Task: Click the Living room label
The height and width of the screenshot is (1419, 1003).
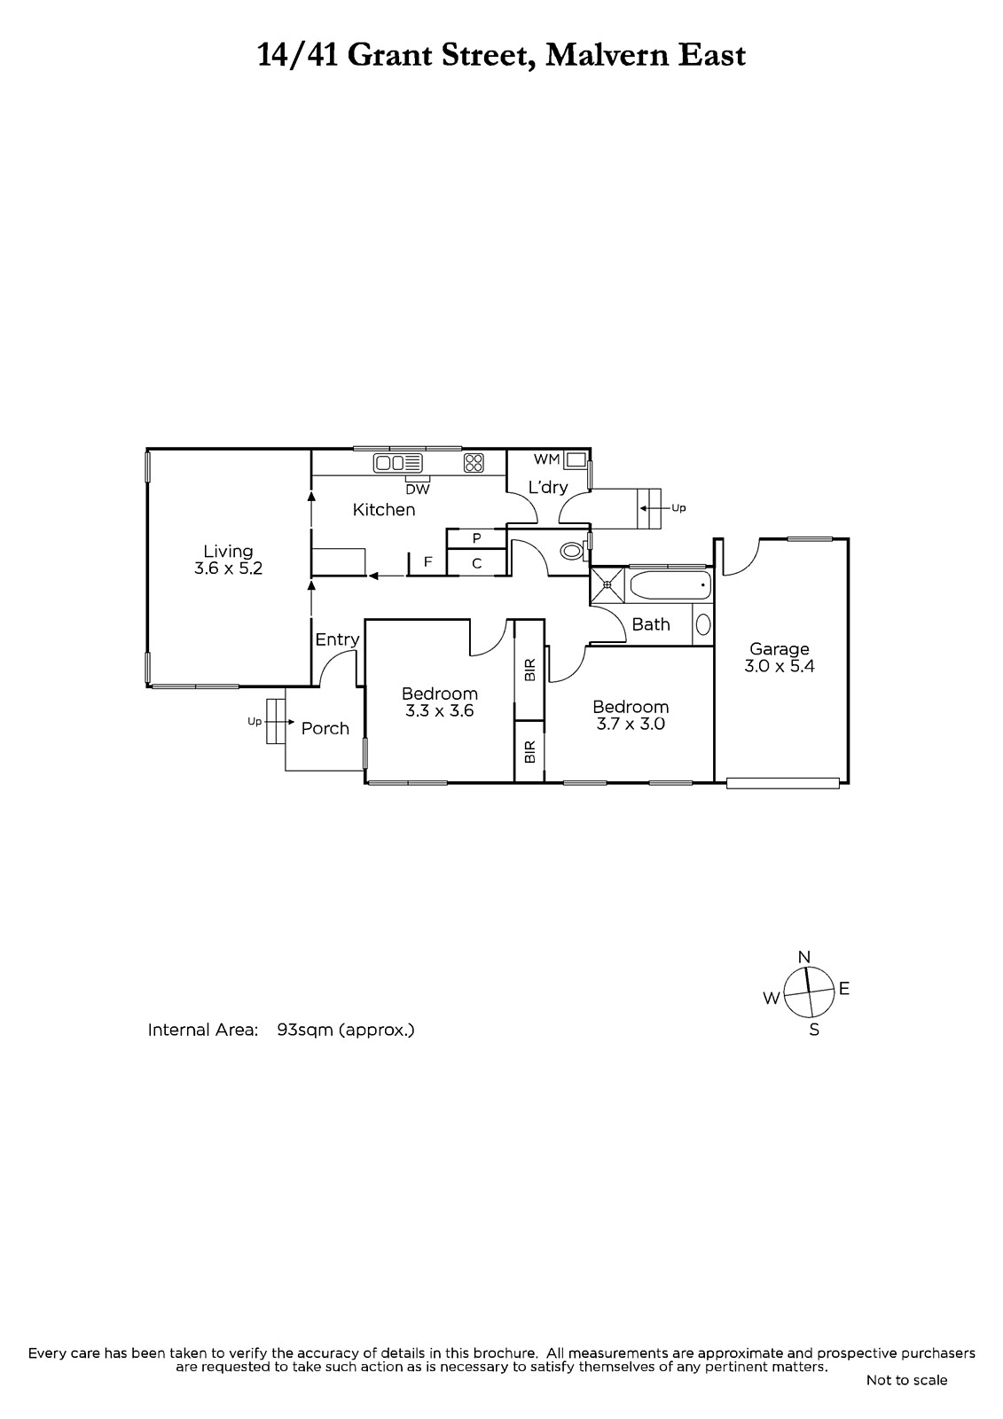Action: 228,551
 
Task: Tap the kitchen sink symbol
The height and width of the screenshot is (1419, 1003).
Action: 398,463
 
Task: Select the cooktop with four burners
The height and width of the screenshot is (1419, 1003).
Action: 474,463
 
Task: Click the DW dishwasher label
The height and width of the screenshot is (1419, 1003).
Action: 418,490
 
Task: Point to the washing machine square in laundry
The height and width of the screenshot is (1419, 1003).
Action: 576,459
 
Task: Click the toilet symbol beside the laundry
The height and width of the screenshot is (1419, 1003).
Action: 571,551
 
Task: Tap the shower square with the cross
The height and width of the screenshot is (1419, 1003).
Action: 607,584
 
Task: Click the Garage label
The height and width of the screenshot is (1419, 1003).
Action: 780,648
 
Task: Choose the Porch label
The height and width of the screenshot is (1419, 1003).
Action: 325,728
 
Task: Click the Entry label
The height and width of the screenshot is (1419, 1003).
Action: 338,639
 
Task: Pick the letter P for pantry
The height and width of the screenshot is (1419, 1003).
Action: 477,538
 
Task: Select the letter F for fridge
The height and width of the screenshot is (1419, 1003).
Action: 428,561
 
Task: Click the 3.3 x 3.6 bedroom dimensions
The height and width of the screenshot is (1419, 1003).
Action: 440,710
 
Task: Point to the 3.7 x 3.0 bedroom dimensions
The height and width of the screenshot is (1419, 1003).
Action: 631,724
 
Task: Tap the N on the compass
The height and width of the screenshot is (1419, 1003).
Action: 804,957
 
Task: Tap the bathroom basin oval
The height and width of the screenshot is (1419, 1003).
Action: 703,624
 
